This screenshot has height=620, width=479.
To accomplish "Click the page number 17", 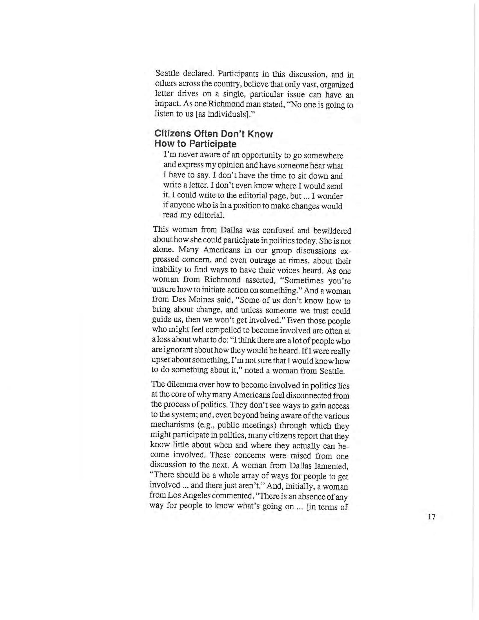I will click(x=431, y=517).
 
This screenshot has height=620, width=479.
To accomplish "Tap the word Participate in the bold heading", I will click(x=212, y=144).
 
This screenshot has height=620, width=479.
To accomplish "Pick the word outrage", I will click(x=256, y=261).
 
